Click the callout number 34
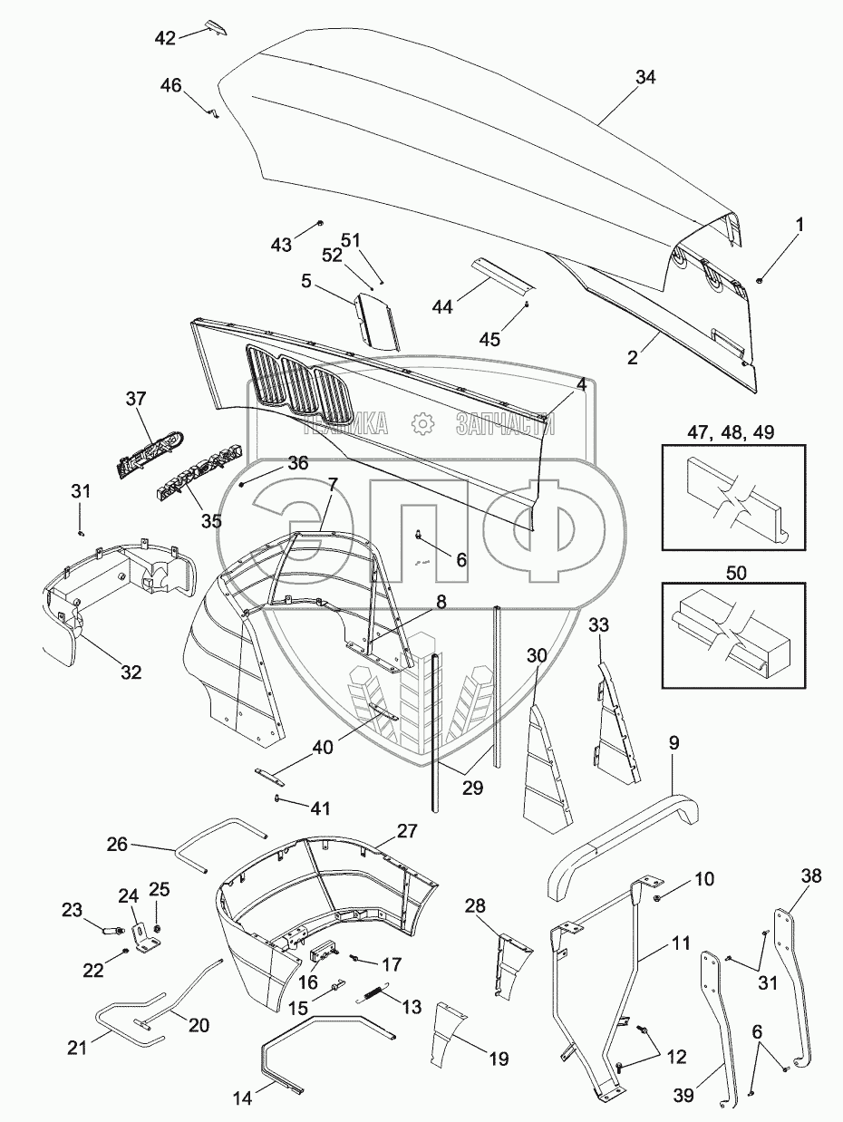tap(644, 78)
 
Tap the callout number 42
tap(165, 37)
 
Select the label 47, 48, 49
tap(732, 431)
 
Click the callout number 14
tap(242, 1098)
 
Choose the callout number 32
tap(131, 672)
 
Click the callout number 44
tap(441, 308)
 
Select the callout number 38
tap(811, 875)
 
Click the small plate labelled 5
tap(379, 318)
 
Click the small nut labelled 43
tap(321, 224)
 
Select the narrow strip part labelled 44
tap(499, 276)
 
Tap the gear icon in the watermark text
tap(421, 423)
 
